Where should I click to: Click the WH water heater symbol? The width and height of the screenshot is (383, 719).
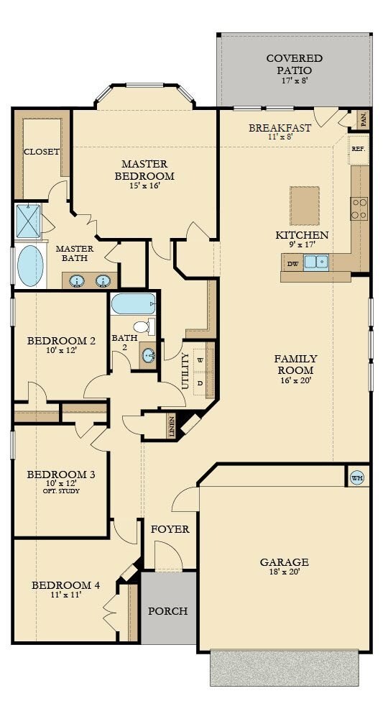[x=357, y=478]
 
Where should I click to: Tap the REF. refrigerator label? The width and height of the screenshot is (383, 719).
[x=358, y=149]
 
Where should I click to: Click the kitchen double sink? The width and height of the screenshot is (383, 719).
[x=316, y=262]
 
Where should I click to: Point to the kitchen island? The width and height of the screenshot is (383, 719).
[x=305, y=199]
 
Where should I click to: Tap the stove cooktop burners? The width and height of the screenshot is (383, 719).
[x=359, y=209]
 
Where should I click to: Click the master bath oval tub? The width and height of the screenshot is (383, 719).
[x=31, y=266]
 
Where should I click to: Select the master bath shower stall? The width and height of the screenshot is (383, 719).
[x=29, y=221]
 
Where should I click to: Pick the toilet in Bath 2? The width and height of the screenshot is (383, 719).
[x=144, y=327]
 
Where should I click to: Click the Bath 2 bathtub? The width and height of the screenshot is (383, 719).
[x=134, y=304]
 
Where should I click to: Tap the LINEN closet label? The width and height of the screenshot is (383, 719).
[x=171, y=426]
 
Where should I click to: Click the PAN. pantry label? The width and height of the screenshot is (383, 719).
[x=364, y=119]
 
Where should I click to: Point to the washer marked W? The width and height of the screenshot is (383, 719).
[x=200, y=360]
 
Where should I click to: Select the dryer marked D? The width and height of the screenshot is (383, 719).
[x=200, y=383]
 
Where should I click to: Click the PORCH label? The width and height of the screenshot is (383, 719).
[x=167, y=610]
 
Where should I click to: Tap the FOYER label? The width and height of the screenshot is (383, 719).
[x=170, y=529]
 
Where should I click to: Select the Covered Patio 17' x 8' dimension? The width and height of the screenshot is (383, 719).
[x=295, y=81]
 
